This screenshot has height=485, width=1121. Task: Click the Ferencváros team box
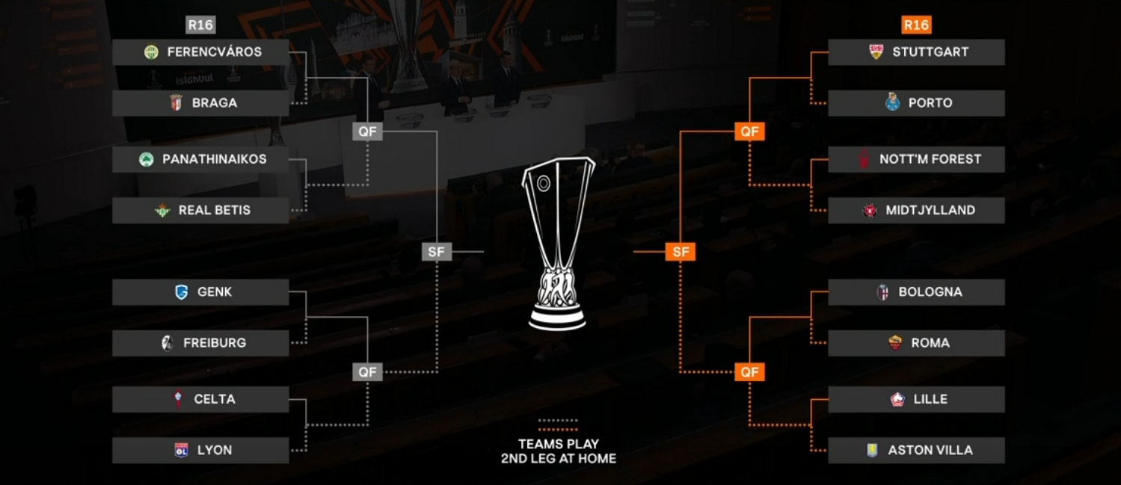click(x=200, y=52)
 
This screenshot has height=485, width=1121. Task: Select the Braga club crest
click(x=176, y=103)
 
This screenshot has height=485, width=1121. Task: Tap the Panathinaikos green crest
click(x=147, y=159)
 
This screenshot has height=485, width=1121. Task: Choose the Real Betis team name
click(x=214, y=210)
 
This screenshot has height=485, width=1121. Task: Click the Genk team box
click(x=200, y=292)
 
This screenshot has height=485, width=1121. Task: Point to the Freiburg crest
click(x=168, y=343)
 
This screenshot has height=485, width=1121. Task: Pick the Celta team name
click(x=214, y=399)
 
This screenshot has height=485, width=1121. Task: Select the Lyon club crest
click(x=181, y=450)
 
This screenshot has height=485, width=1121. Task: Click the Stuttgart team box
click(x=916, y=52)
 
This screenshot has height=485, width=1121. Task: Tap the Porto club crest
click(x=892, y=103)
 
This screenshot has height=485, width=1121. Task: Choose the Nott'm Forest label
click(x=930, y=159)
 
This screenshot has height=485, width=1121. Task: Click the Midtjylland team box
click(x=916, y=210)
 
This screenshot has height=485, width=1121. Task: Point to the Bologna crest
click(x=883, y=292)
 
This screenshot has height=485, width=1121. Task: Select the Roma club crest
click(x=895, y=343)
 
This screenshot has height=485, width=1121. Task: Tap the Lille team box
click(x=916, y=399)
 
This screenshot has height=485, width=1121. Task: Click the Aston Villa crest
click(x=872, y=450)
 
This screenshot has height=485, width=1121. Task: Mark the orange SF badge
click(x=681, y=252)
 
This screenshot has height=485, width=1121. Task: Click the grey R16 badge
click(x=200, y=25)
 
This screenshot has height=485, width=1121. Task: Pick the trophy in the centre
click(x=558, y=243)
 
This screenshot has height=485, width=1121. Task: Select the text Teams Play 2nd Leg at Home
click(x=559, y=451)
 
